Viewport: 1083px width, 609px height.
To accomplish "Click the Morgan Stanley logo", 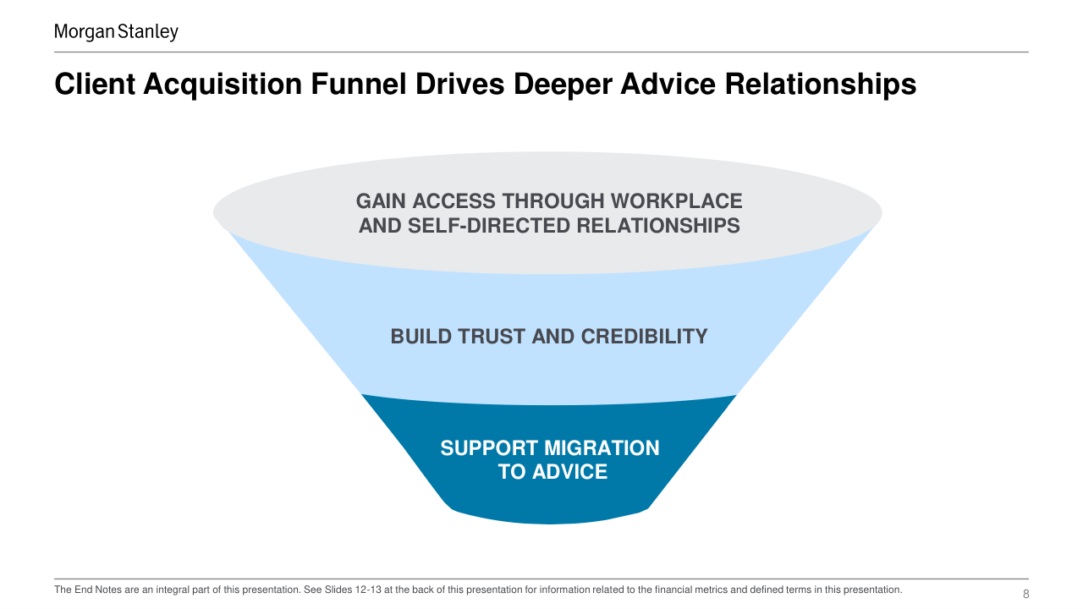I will click(x=116, y=32).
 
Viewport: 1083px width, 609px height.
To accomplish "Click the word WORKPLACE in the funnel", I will click(x=676, y=201).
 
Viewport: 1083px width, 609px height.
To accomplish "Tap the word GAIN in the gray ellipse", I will click(x=381, y=201).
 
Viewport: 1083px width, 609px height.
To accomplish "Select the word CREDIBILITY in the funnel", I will click(x=644, y=337).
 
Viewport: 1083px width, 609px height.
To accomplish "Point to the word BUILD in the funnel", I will click(x=421, y=337).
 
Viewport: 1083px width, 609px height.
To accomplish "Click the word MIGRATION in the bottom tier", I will click(x=602, y=448).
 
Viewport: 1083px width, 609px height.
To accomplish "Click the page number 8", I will click(x=1025, y=594).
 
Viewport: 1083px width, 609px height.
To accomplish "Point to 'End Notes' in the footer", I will click(x=96, y=590).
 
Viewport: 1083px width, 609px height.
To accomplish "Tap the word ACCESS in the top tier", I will click(x=456, y=201).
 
